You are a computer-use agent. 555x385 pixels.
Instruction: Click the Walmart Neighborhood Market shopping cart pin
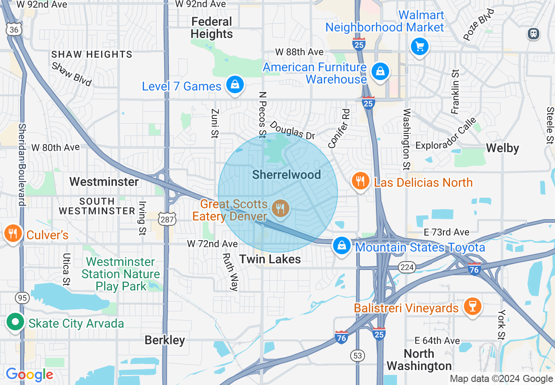419,46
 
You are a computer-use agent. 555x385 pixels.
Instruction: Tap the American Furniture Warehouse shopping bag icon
380,71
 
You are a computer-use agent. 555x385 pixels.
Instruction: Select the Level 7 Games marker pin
235,85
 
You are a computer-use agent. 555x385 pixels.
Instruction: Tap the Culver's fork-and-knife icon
13,234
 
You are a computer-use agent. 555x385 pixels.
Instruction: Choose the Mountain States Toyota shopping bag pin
341,245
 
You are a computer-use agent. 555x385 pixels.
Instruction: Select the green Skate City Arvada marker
15,323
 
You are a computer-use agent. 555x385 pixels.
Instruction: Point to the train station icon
534,34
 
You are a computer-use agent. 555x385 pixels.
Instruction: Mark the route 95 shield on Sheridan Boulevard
22,298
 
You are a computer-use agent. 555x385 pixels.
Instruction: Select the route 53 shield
358,355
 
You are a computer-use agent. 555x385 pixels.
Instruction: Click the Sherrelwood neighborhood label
287,175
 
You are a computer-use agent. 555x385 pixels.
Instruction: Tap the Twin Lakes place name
270,259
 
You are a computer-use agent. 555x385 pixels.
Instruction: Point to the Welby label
502,148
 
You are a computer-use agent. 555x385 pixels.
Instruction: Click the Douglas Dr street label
292,130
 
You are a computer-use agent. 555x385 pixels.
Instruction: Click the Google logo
29,374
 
